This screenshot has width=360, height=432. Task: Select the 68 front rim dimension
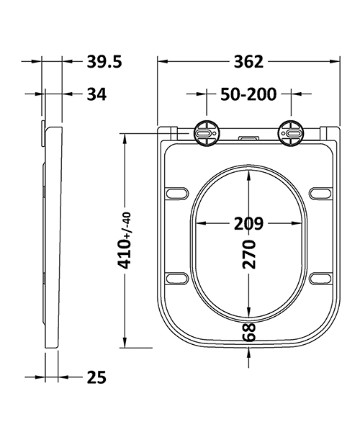[249, 333]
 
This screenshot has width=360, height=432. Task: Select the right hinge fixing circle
[293, 133]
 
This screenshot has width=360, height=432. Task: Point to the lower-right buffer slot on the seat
[320, 278]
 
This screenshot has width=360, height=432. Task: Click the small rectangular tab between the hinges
[248, 135]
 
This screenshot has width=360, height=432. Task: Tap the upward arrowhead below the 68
[249, 350]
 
